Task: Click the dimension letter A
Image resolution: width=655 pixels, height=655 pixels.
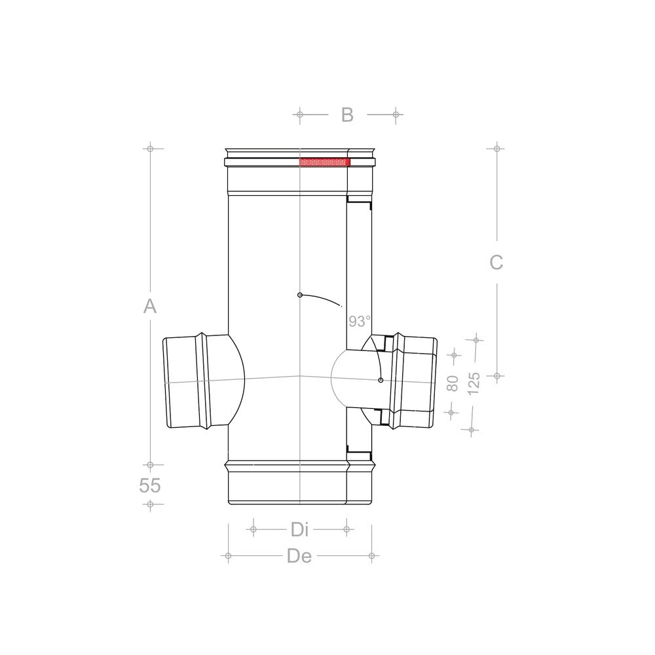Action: (150, 306)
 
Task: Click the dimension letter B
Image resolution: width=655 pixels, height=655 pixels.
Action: (347, 115)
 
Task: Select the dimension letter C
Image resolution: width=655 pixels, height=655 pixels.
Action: (496, 263)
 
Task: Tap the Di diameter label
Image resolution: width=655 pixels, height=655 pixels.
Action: (300, 530)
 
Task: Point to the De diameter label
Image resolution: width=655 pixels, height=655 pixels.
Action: (299, 556)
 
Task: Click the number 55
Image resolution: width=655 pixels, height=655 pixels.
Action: (149, 485)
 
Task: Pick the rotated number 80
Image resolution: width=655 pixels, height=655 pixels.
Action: (453, 383)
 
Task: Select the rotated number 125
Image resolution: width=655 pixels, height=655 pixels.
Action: (474, 383)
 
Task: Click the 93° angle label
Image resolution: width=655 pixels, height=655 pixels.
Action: (359, 321)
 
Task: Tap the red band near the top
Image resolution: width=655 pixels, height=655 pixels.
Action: (325, 162)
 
